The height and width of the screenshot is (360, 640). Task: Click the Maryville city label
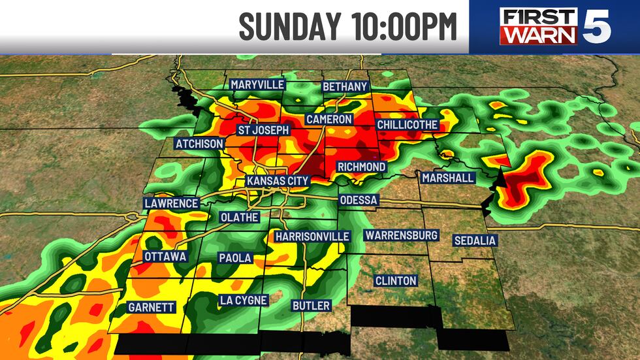coord(257,85)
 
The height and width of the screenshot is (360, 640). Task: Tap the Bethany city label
coord(345,87)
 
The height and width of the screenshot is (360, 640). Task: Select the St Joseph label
coord(263,130)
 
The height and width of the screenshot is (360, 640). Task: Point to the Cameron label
coord(329,120)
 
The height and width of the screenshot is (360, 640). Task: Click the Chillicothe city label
coord(407,125)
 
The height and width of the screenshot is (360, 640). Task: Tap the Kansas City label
coord(277,181)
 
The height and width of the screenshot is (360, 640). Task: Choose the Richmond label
coord(361,167)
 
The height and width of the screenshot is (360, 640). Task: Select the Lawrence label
coord(171,203)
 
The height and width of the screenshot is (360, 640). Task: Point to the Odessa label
coord(358,200)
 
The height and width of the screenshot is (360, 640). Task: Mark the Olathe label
coord(239,217)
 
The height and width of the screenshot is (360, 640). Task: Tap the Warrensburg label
coord(402,235)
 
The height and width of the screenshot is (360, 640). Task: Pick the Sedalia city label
coord(475,240)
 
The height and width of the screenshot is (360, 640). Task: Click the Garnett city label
coord(151,306)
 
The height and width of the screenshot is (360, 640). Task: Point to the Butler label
coord(311,305)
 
